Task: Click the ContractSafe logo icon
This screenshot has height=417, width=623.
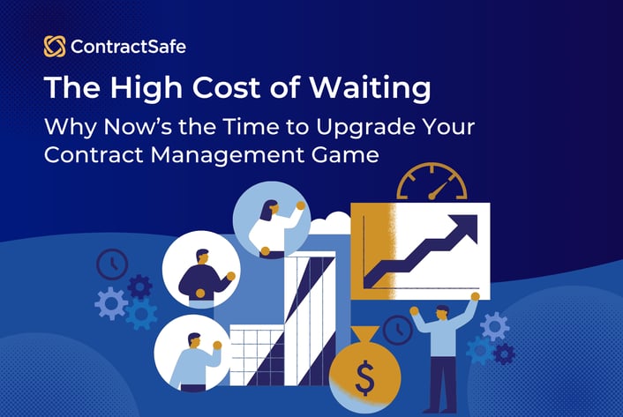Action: click(54, 47)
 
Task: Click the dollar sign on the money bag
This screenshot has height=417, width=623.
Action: click(364, 381)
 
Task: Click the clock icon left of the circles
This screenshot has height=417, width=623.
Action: click(112, 264)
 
